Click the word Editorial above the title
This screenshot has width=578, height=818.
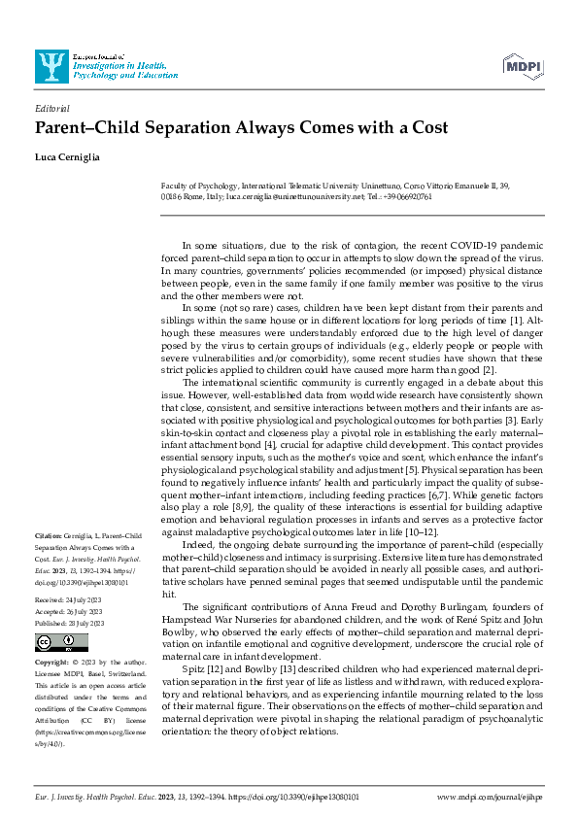[51, 110]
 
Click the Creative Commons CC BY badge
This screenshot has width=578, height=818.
[50, 643]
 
